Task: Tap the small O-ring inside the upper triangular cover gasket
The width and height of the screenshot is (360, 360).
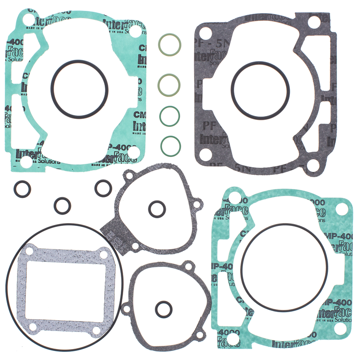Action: click(156, 208)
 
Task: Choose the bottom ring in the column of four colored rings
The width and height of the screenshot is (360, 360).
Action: click(170, 145)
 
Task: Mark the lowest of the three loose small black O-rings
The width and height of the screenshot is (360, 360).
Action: click(62, 206)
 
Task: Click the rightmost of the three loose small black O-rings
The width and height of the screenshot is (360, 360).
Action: click(103, 188)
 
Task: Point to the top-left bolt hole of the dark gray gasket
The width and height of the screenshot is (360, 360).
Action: click(205, 34)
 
